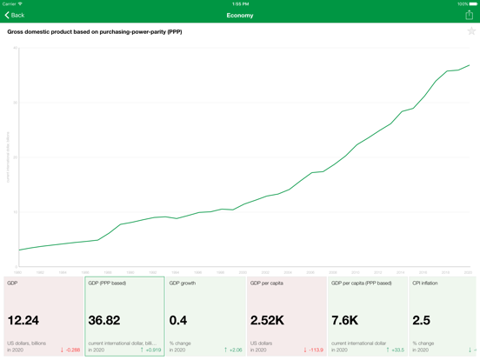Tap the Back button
[15, 15]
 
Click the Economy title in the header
[240, 15]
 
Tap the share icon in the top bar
[469, 15]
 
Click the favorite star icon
[471, 31]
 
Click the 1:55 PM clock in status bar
[240, 3]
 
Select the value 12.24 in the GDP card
[23, 321]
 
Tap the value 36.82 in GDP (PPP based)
[104, 321]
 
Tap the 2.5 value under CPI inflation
[423, 321]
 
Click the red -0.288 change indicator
[70, 350]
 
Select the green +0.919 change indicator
[150, 350]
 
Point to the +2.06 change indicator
[232, 350]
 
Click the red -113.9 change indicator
[313, 350]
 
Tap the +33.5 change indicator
[395, 350]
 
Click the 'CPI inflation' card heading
[426, 283]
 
